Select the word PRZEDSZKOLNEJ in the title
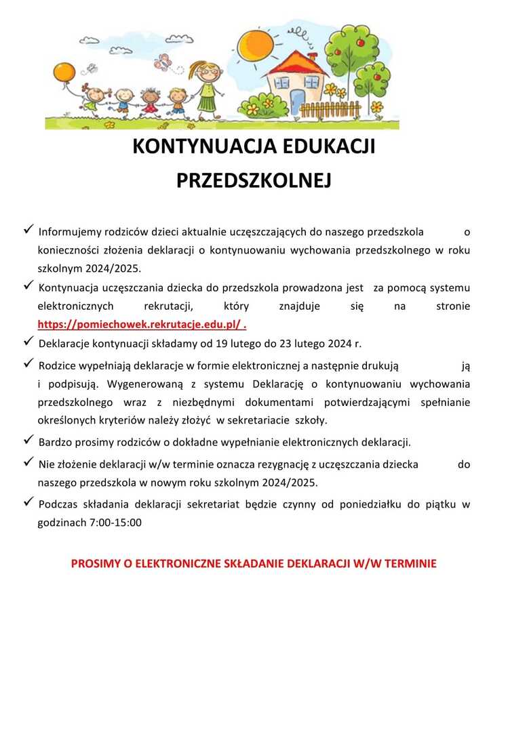point(254,180)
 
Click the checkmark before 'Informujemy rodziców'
point(29,230)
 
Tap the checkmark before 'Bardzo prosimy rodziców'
point(29,441)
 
